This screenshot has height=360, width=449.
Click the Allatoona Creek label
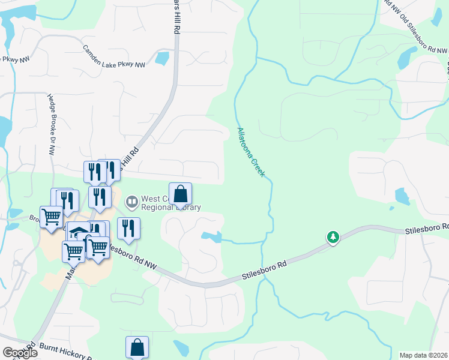(251, 152)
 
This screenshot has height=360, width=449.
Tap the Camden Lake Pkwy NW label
(114, 56)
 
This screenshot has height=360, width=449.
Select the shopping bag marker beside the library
(181, 194)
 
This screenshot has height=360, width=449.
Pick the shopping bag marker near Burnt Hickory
(137, 347)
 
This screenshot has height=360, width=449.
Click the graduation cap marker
(78, 232)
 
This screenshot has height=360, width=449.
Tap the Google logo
(19, 353)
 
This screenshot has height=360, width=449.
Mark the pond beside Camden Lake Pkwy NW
(162, 58)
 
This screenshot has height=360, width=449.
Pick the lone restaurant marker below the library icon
(129, 228)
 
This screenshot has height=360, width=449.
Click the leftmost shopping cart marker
(51, 217)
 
